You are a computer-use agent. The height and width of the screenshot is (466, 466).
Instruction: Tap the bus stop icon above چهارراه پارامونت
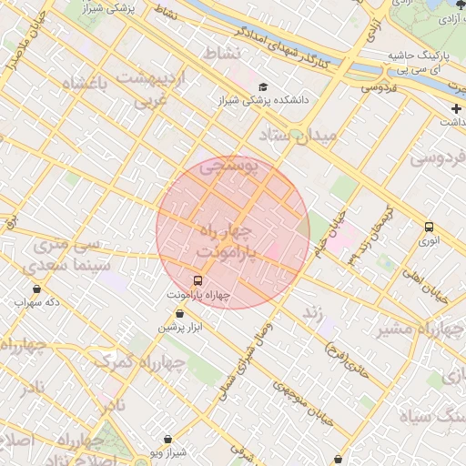(x=198, y=280)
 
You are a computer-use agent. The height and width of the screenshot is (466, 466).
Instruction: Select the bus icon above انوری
(x=429, y=227)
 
